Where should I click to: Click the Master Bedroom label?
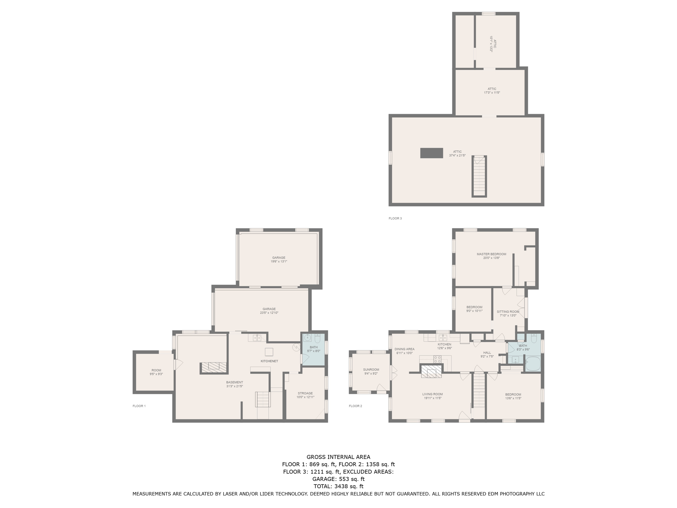(x=491, y=254)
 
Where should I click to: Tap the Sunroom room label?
(x=371, y=369)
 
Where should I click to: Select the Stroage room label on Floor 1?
(x=305, y=393)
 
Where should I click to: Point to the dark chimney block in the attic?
(x=431, y=153)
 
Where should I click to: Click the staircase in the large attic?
(x=479, y=176)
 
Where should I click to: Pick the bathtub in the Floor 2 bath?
(x=533, y=364)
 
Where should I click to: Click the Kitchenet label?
(x=269, y=361)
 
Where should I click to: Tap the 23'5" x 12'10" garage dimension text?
(x=269, y=313)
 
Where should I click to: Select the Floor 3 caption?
(x=395, y=218)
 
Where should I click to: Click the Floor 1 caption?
(x=139, y=406)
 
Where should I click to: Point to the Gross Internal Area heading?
(x=338, y=457)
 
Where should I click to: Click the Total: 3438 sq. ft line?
(x=338, y=486)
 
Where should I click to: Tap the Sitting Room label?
(x=508, y=312)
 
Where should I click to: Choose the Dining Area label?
(x=404, y=349)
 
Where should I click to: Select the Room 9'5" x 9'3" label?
(x=156, y=372)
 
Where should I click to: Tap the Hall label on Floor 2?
(x=487, y=353)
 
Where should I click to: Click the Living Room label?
(x=432, y=394)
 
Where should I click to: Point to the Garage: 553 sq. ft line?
(x=338, y=479)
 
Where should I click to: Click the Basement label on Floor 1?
(x=234, y=382)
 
